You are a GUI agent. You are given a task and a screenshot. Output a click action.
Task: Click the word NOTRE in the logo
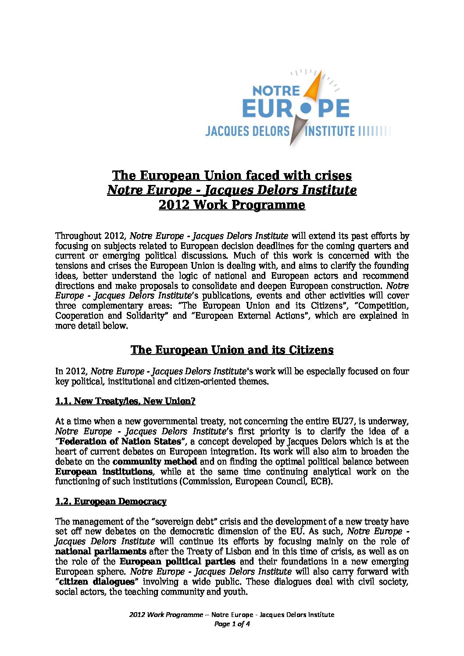coord(276,91)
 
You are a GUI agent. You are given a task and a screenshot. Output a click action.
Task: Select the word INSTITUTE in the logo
coord(330,131)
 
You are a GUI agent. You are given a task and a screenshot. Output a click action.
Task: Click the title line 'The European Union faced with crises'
coord(232,175)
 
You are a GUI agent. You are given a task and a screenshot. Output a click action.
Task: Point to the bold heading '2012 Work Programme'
coord(232,205)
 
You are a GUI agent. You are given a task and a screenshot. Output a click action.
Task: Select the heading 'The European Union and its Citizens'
coord(232,350)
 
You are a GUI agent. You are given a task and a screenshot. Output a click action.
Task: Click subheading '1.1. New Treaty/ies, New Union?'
coord(125,401)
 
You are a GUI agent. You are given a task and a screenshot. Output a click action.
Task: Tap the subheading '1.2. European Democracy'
coord(111,501)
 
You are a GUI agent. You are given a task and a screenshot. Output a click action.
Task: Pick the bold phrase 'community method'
coord(155,461)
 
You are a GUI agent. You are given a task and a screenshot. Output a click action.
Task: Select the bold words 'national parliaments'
coord(101,551)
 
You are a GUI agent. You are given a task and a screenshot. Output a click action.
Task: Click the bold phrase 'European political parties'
coord(178,561)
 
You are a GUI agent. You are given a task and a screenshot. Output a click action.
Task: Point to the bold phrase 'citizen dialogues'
coord(96,582)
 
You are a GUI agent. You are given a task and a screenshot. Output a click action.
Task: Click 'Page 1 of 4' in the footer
coord(232,624)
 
